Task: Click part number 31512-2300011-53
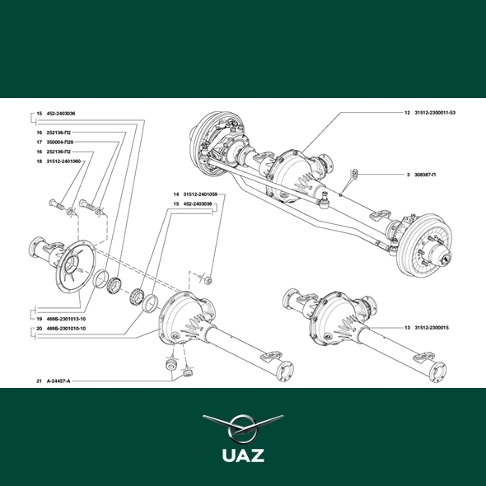(435, 113)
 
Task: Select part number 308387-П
(425, 175)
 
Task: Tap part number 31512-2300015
(432, 328)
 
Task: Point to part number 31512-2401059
(200, 194)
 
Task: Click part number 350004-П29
(60, 143)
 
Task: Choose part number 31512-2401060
(63, 161)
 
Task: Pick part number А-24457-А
(58, 381)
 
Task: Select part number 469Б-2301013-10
(66, 319)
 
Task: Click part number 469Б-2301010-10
(66, 329)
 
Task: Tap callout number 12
(407, 113)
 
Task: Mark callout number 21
(39, 381)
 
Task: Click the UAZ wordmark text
(243, 456)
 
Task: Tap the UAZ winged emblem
(243, 428)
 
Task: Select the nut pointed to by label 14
(209, 281)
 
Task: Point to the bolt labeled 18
(56, 203)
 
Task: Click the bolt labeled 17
(86, 204)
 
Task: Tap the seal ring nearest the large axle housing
(150, 303)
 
